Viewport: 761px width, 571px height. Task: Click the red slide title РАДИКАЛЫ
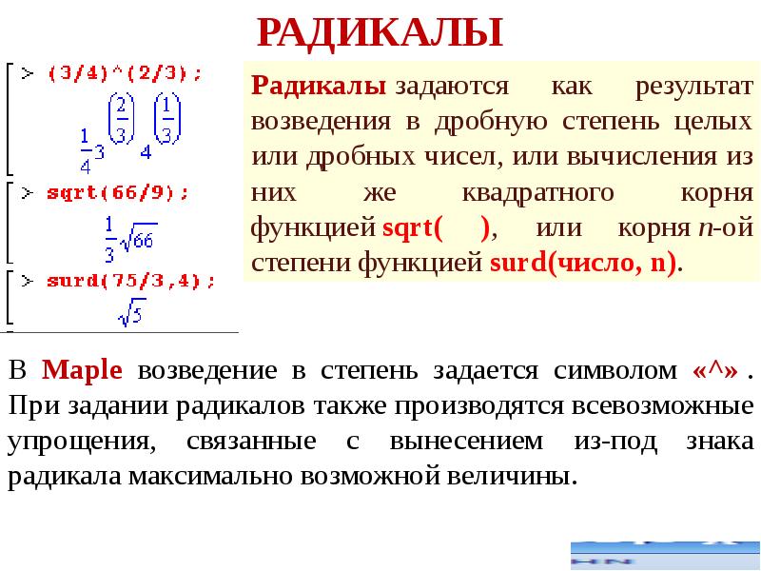point(380,32)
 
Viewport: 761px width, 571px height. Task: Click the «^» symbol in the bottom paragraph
point(712,370)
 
